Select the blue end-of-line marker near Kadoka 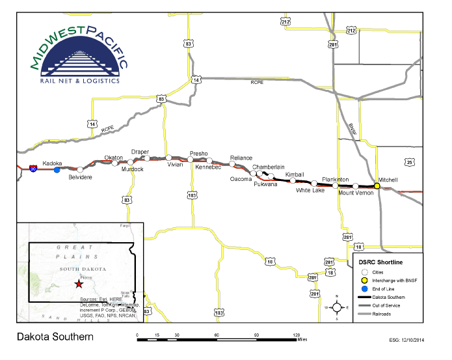[x=57, y=170]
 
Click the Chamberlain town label [x=269, y=167]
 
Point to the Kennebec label [x=209, y=167]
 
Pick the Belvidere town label [x=81, y=177]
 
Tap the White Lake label [x=310, y=190]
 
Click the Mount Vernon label [x=355, y=193]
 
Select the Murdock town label [x=132, y=169]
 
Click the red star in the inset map [x=79, y=284]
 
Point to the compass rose [x=337, y=306]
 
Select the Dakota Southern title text [x=55, y=337]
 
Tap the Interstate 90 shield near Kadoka [x=33, y=167]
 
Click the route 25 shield [x=409, y=161]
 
